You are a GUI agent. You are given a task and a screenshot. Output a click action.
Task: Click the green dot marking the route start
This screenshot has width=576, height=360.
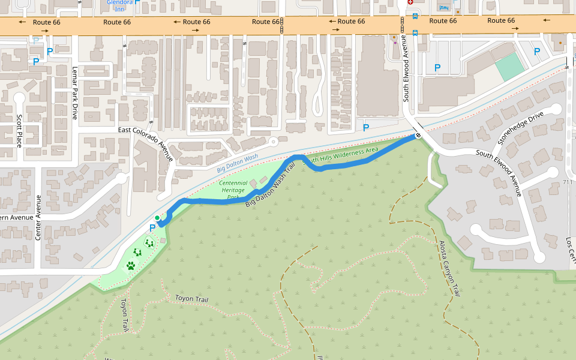click(x=157, y=218)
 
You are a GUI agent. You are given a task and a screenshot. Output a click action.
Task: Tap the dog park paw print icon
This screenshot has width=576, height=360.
click(x=131, y=265)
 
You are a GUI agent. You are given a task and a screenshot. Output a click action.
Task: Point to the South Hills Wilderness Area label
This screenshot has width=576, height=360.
click(x=341, y=155)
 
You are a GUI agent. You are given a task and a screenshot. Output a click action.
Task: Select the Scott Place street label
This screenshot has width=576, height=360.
click(x=19, y=131)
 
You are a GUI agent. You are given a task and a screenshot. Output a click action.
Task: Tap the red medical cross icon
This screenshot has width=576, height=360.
click(x=410, y=2)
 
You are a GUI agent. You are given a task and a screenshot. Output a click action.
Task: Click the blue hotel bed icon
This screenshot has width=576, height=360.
click(x=444, y=7)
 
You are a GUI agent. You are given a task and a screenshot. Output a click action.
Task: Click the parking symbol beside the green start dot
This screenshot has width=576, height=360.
click(x=152, y=228)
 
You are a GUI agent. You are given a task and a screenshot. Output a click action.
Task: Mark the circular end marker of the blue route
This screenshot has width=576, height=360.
click(x=418, y=136)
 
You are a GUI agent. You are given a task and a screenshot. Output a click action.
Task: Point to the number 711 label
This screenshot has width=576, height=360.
click(x=568, y=182)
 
